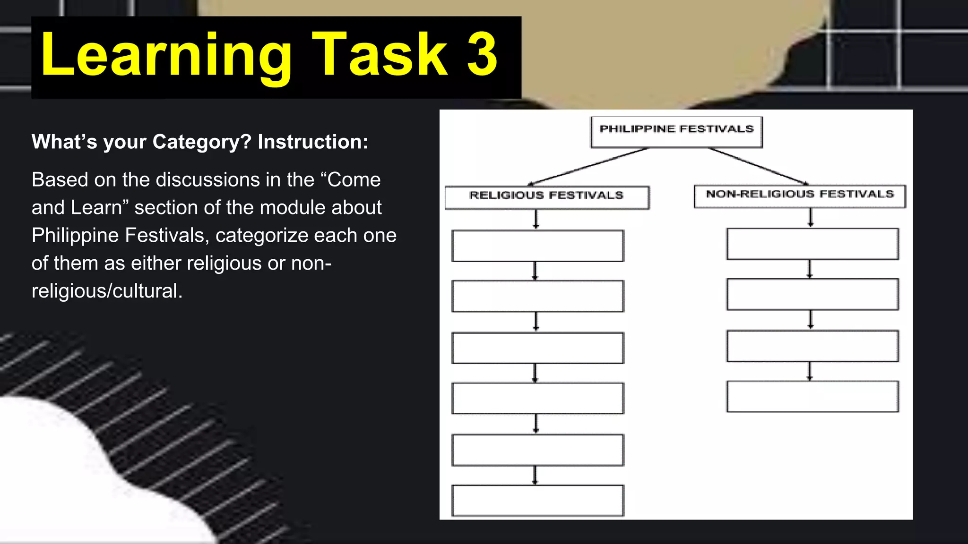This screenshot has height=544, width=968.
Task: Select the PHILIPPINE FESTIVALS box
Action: [x=676, y=132]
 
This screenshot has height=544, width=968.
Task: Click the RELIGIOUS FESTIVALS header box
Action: [x=547, y=197]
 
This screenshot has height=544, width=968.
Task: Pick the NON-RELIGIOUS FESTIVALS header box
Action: [x=800, y=196]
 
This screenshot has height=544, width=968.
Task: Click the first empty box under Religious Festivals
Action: [x=538, y=246]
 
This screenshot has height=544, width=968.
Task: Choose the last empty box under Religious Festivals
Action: [x=538, y=500]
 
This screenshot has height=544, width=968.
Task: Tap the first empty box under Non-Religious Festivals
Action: [x=812, y=244]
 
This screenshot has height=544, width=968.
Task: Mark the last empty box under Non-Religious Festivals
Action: [x=812, y=396]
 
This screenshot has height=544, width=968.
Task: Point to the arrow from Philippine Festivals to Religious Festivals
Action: [x=588, y=166]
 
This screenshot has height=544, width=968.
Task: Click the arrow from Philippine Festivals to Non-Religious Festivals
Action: [x=759, y=166]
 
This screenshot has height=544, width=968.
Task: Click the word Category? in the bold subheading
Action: [x=202, y=142]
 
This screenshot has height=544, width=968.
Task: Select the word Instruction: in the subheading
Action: [x=313, y=142]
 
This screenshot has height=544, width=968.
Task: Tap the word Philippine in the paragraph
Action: [x=75, y=236]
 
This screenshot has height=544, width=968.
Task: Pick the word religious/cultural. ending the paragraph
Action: [x=107, y=291]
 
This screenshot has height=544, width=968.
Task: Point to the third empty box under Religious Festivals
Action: [x=538, y=348]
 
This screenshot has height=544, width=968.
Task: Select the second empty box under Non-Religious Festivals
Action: [x=812, y=294]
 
